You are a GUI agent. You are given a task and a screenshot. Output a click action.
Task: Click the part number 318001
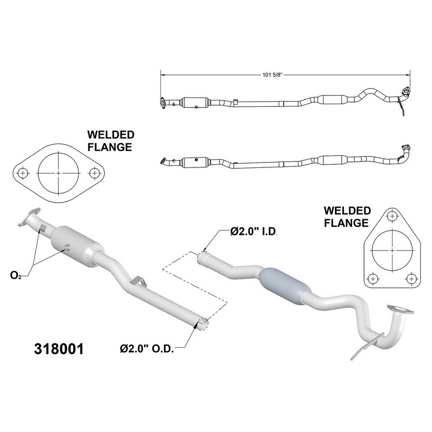pos(59,348)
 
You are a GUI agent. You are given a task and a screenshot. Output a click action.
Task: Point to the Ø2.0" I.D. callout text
pos(253,232)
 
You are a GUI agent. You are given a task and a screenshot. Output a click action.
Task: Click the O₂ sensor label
pos(16,276)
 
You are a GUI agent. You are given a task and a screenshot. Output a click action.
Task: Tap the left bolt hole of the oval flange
pos(22,173)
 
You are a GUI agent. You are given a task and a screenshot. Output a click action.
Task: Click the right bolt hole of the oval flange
pos(94,173)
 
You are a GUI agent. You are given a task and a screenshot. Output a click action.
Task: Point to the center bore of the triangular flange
pos(390,252)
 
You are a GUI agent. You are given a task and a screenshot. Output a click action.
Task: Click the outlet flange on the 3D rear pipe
pos(400,309)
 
